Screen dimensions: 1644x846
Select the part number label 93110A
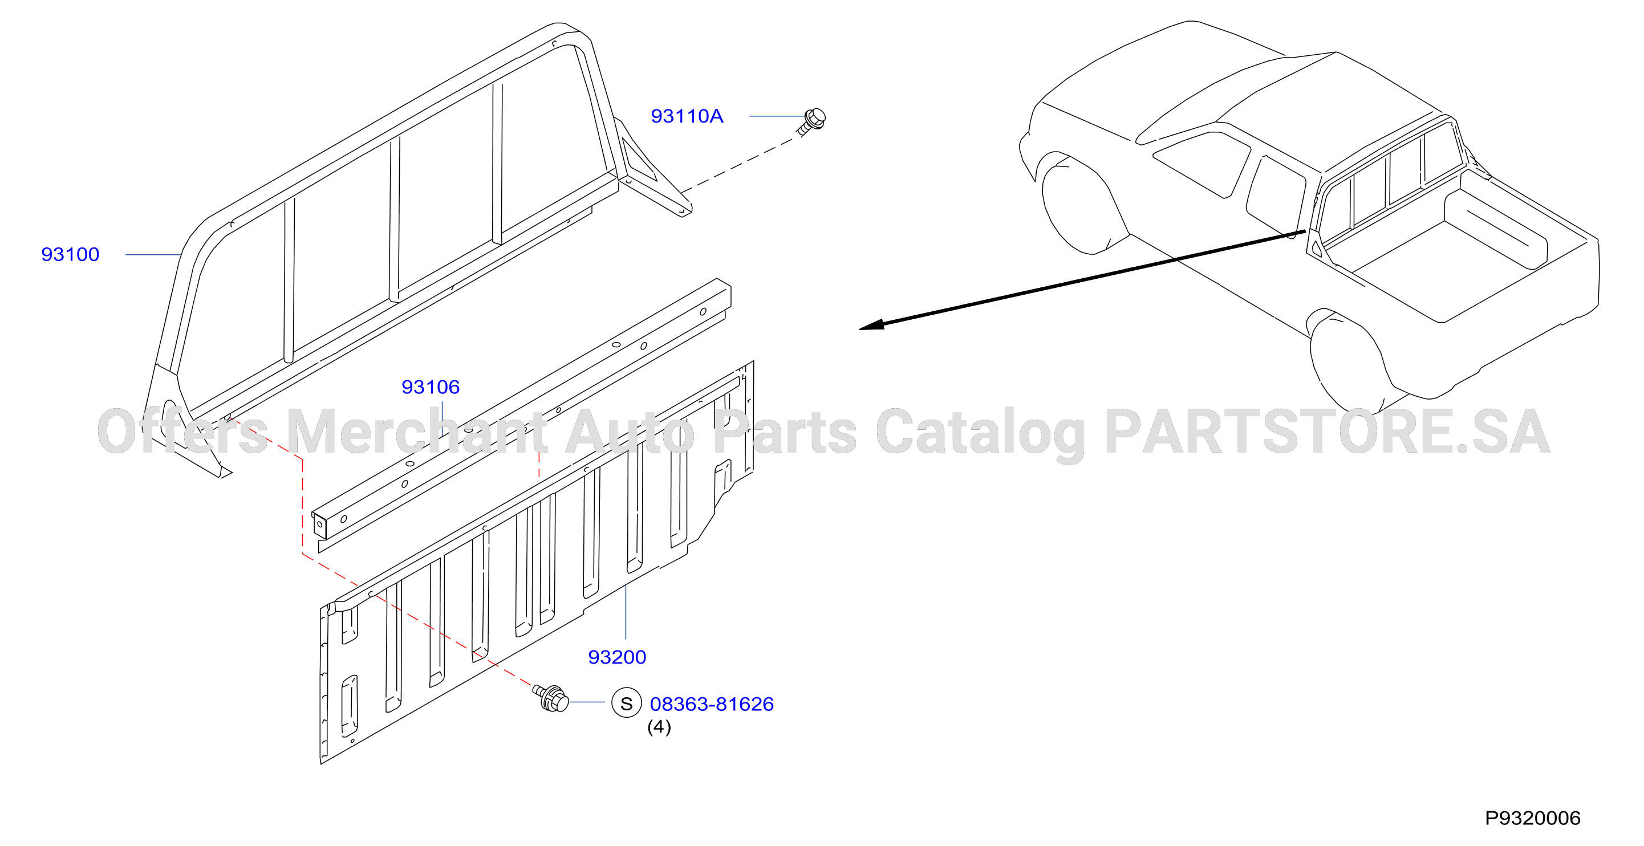[x=687, y=116]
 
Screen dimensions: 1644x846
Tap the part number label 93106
[x=430, y=387]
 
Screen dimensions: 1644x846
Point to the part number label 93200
[x=616, y=657]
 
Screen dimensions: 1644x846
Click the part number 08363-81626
[x=712, y=703]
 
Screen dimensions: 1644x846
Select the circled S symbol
[x=626, y=702]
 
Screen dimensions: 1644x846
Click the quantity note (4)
[x=659, y=727]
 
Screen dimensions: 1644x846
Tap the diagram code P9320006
[x=1532, y=818]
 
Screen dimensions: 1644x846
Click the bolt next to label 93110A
[x=811, y=121]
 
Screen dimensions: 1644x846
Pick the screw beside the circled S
[x=551, y=698]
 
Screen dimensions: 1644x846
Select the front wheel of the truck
[x=1078, y=204]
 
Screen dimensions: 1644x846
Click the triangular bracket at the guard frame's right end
[x=651, y=169]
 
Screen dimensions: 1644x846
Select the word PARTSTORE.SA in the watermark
[x=1328, y=432]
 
